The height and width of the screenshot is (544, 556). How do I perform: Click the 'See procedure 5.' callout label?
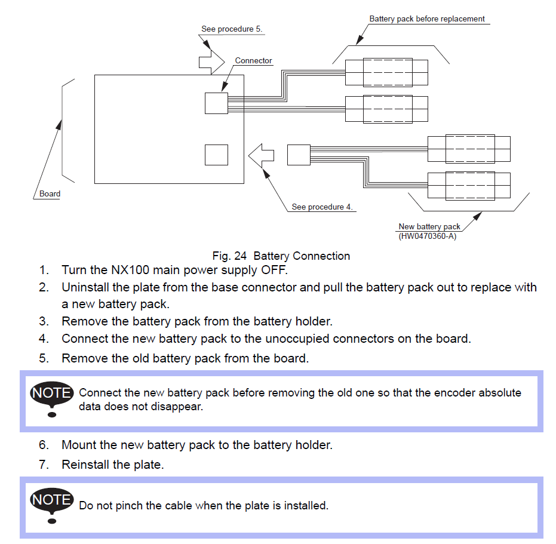[232, 29]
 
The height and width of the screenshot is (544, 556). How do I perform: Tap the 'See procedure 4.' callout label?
[322, 207]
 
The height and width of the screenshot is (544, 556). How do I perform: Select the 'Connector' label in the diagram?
[253, 60]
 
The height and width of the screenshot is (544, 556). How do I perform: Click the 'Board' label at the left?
[50, 193]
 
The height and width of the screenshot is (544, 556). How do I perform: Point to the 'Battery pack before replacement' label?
[427, 19]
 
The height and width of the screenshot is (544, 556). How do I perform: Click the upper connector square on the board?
[216, 103]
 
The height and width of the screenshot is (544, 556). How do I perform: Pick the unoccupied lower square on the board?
[216, 155]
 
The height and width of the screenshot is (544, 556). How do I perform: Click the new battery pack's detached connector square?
[299, 155]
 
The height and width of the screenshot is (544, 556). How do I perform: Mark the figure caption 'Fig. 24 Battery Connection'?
[281, 256]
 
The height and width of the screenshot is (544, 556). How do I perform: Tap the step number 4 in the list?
[44, 339]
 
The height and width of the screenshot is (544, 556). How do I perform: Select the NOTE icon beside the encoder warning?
[52, 398]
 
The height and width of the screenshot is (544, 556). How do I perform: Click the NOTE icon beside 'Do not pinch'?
[52, 505]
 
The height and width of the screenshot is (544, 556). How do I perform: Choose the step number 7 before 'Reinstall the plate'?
[44, 465]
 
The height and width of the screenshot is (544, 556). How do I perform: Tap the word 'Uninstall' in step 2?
[85, 287]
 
